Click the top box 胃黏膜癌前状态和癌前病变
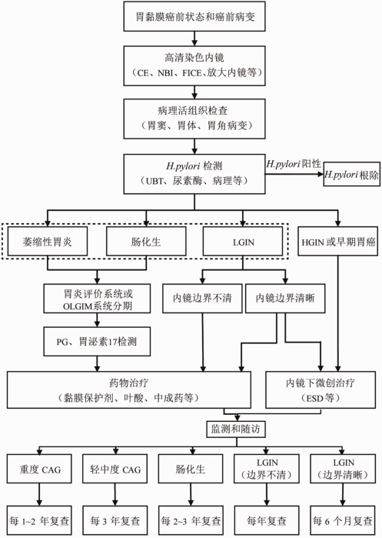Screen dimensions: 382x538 pyautogui.click(x=194, y=16)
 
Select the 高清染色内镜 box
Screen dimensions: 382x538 pyautogui.click(x=194, y=65)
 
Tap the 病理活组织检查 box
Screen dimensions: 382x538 pyautogui.click(x=194, y=119)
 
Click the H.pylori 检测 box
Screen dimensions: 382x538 pyautogui.click(x=194, y=174)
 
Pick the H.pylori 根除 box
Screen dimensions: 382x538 pyautogui.click(x=352, y=174)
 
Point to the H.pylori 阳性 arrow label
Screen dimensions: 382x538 pyautogui.click(x=294, y=164)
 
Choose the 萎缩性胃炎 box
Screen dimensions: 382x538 pyautogui.click(x=48, y=241)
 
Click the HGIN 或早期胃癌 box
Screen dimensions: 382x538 pyautogui.click(x=337, y=241)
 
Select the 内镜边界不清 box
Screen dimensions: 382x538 pyautogui.click(x=202, y=298)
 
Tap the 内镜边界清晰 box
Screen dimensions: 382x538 pyautogui.click(x=285, y=298)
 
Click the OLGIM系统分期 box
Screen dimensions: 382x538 pyautogui.click(x=97, y=298)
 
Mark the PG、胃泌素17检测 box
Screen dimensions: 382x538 pyautogui.click(x=97, y=342)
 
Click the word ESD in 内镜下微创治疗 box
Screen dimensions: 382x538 pyautogui.click(x=315, y=399)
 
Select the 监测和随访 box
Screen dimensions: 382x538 pyautogui.click(x=236, y=429)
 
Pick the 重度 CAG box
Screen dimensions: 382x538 pyautogui.click(x=39, y=469)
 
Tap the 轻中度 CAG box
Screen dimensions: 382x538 pyautogui.click(x=115, y=469)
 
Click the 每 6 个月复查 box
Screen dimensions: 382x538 pyautogui.click(x=342, y=520)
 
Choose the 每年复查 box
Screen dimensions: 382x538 pyautogui.click(x=267, y=520)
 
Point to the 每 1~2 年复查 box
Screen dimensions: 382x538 pyautogui.click(x=39, y=520)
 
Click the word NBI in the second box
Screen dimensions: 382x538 pyautogui.click(x=166, y=73)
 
